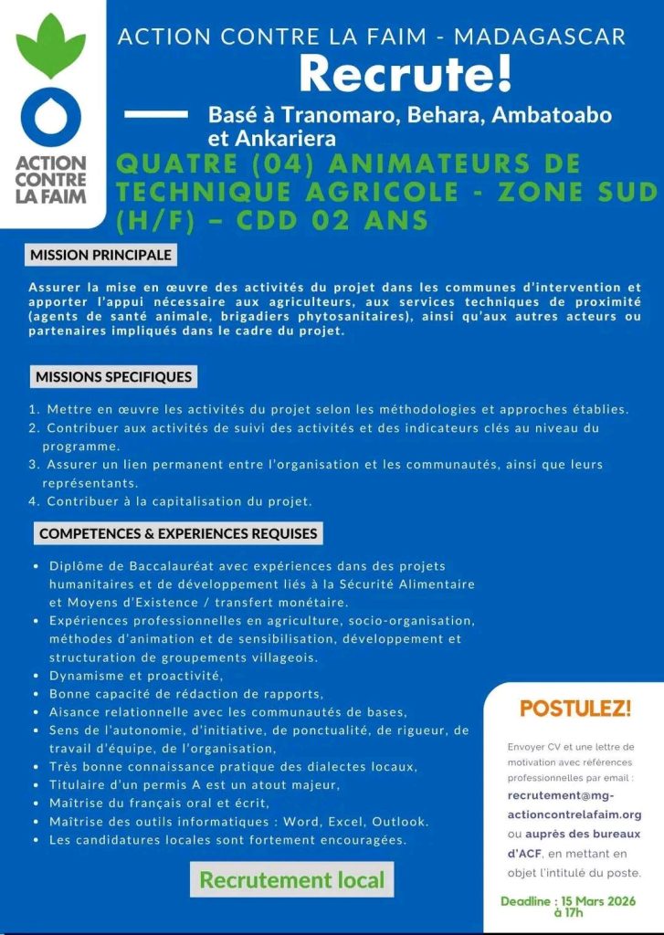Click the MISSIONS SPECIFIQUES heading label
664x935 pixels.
coord(113,376)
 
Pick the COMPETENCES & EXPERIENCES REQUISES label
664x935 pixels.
coord(177,533)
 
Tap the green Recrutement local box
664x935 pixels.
coord(292,880)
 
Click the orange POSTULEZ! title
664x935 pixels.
coord(575,709)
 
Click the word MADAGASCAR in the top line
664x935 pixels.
coord(540,37)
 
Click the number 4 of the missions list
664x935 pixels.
coord(33,501)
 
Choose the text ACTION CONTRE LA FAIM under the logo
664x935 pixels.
coord(51,178)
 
